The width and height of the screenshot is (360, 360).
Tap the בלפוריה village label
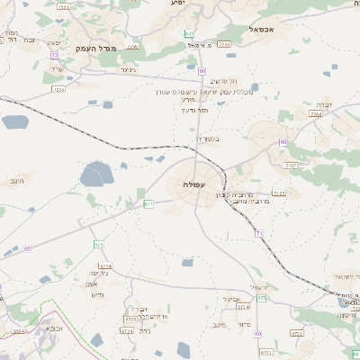click(208, 139)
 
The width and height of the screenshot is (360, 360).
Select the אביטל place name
click(232, 299)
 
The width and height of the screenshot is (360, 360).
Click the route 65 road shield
click(28, 247)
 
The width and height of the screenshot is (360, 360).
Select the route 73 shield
click(54, 55)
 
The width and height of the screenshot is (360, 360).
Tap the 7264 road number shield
click(315, 114)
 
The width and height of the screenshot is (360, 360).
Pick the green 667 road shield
click(149, 204)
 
